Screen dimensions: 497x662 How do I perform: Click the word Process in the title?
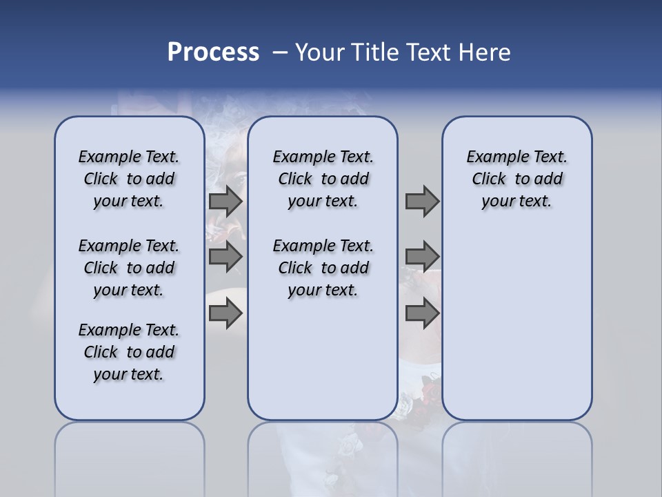coord(213,52)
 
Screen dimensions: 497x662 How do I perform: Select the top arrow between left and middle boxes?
coord(225,201)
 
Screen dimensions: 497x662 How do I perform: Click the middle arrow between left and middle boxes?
coord(225,257)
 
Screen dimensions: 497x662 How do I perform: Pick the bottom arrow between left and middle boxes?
coord(225,314)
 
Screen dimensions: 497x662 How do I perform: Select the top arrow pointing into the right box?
coord(422,201)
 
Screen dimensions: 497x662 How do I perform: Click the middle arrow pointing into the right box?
coord(422,257)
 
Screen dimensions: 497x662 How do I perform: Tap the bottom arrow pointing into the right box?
coord(422,314)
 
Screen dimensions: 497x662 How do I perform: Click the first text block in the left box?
coord(129,179)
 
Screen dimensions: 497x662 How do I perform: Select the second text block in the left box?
coord(129,268)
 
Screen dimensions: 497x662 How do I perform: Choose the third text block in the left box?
coord(129,352)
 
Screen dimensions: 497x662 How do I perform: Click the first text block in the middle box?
coord(323,179)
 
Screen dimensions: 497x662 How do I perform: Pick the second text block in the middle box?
coord(323,268)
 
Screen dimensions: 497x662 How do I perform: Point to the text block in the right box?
coord(516,179)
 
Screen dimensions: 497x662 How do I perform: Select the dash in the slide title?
coord(280,52)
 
